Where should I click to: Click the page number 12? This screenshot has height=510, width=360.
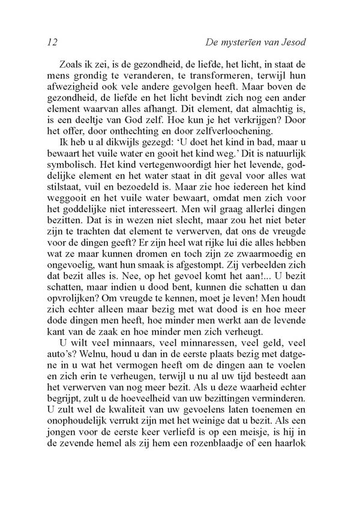pos(50,43)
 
